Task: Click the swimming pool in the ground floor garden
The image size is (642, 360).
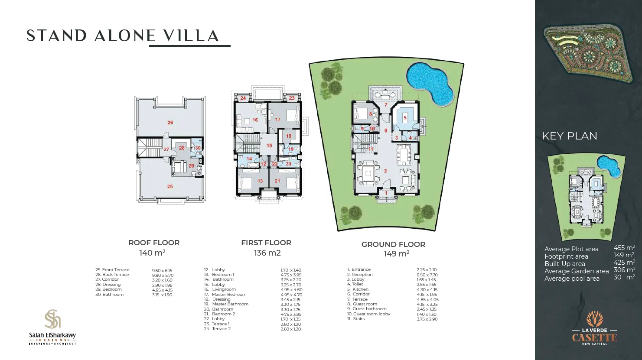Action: tap(430, 83)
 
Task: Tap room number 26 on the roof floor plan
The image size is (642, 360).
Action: tap(170, 123)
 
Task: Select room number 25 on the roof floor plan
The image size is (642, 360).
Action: tap(170, 186)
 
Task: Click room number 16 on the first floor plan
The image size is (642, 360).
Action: tap(255, 120)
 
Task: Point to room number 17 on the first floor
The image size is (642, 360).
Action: tap(278, 120)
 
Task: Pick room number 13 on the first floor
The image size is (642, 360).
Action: tap(260, 181)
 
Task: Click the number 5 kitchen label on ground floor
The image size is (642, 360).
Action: tap(405, 117)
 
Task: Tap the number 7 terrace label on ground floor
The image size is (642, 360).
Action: tap(385, 105)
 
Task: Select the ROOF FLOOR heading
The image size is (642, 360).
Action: tap(154, 243)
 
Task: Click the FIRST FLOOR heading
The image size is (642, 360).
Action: tap(266, 243)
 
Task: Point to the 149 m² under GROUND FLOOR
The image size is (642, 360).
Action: tap(396, 254)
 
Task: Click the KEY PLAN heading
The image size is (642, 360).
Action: tap(569, 136)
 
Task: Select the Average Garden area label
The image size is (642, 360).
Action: tap(577, 271)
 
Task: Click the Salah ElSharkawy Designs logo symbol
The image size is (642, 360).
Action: tap(52, 319)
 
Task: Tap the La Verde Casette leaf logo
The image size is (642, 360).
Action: tap(594, 320)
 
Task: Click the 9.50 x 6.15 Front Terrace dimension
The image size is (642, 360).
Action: tap(162, 270)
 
